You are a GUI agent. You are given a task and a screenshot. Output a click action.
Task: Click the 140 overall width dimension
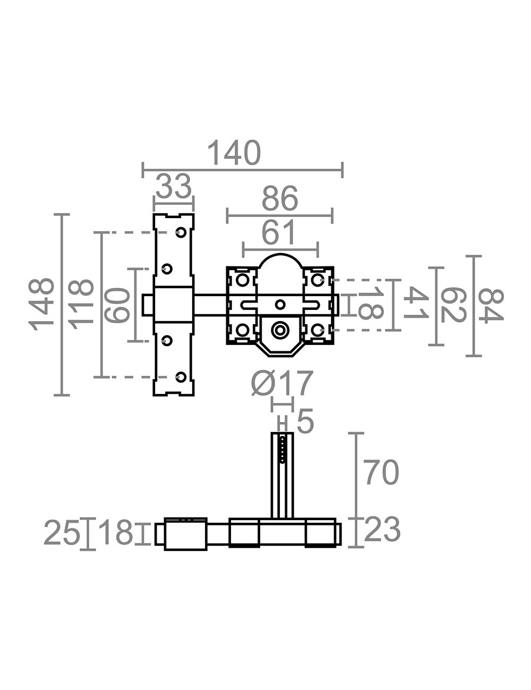pyautogui.click(x=234, y=153)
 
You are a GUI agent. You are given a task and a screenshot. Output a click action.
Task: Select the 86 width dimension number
pyautogui.click(x=280, y=199)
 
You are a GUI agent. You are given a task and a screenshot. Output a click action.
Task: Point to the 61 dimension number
pyautogui.click(x=278, y=233)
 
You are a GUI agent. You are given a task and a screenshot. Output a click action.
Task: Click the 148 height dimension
pyautogui.click(x=41, y=304)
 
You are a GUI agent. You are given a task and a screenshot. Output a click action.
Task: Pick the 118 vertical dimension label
pyautogui.click(x=81, y=304)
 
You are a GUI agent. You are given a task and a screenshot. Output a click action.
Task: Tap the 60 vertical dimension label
pyautogui.click(x=117, y=305)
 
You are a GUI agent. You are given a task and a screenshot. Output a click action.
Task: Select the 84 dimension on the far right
pyautogui.click(x=491, y=306)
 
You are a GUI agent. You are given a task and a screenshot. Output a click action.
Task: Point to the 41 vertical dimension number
pyautogui.click(x=416, y=303)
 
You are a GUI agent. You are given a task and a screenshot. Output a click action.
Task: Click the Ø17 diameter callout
pyautogui.click(x=282, y=383)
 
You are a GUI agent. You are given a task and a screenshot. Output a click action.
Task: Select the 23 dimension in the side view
pyautogui.click(x=382, y=530)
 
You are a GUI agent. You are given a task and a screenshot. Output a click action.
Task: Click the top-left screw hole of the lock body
pyautogui.click(x=242, y=280)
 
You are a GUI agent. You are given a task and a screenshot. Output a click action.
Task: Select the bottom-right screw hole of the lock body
pyautogui.click(x=316, y=330)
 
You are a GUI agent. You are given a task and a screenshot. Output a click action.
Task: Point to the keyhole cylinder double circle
pyautogui.click(x=280, y=330)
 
